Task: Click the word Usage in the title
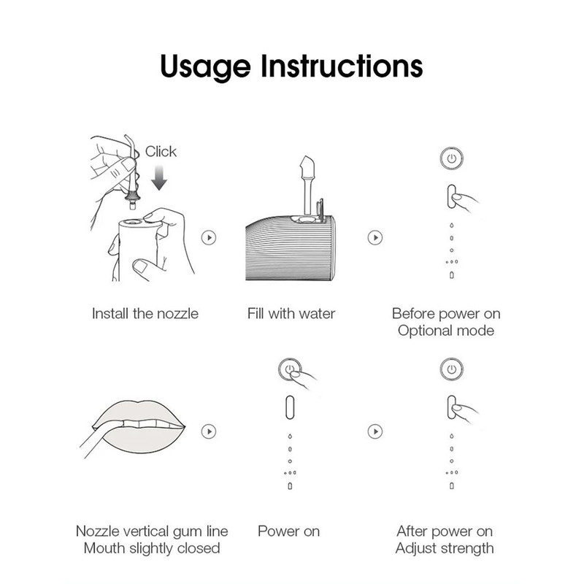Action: click(205, 67)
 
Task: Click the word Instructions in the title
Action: click(342, 66)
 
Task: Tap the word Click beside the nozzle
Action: click(161, 152)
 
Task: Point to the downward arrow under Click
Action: click(159, 178)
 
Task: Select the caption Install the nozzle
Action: click(145, 314)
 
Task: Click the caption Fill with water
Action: click(291, 314)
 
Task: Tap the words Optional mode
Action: click(446, 331)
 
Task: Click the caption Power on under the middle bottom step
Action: click(288, 531)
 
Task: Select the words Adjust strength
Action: click(445, 549)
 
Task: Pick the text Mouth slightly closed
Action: click(152, 549)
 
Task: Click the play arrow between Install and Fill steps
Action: click(209, 238)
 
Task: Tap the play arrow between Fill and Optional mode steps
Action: click(375, 238)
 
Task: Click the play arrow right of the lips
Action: click(209, 431)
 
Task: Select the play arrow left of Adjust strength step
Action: click(375, 431)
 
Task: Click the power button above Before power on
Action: click(451, 158)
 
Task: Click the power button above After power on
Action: click(451, 369)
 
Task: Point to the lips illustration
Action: click(139, 427)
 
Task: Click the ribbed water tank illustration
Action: click(291, 249)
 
